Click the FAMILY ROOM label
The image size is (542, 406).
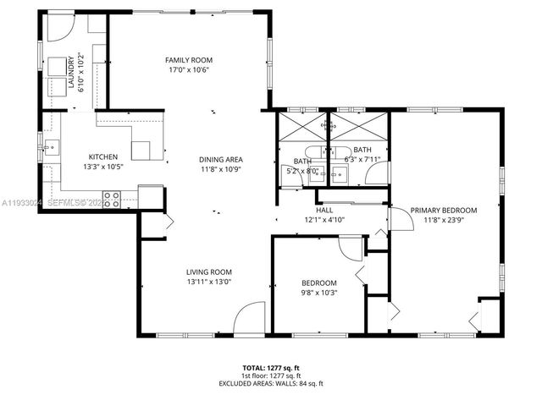click(x=188, y=60)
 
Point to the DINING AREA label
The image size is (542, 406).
click(x=221, y=160)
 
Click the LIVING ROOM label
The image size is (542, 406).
click(x=209, y=272)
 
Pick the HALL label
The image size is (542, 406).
click(x=325, y=210)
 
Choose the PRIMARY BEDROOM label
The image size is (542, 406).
click(x=444, y=210)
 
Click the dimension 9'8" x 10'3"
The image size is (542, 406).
click(x=319, y=293)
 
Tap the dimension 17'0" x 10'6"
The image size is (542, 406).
click(x=188, y=70)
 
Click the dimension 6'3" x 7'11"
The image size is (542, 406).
click(x=362, y=159)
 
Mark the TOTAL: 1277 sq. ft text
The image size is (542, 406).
click(x=270, y=368)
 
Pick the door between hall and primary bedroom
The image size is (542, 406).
click(x=397, y=217)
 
